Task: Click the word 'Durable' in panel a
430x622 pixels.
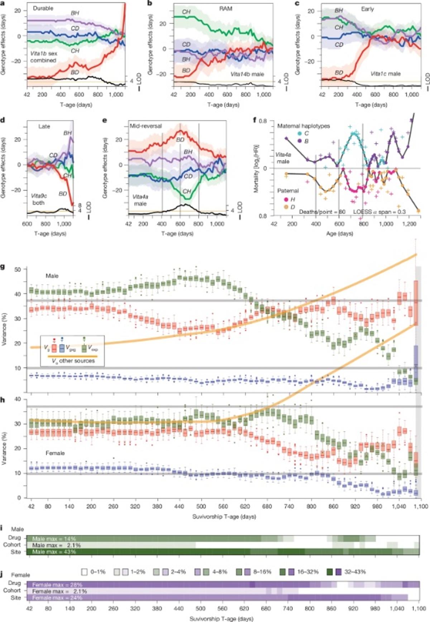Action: pyautogui.click(x=43, y=8)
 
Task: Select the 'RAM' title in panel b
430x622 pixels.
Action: pyautogui.click(x=226, y=9)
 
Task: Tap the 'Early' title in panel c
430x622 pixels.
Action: pyautogui.click(x=368, y=9)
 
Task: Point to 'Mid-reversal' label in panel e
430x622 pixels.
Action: pyautogui.click(x=146, y=126)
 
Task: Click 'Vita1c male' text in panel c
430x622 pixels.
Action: pyautogui.click(x=386, y=73)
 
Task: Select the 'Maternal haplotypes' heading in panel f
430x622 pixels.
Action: pyautogui.click(x=304, y=126)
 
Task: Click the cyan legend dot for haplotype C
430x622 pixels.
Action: pyautogui.click(x=299, y=134)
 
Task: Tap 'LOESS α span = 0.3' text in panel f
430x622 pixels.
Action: pyautogui.click(x=379, y=212)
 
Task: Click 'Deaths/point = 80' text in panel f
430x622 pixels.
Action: pyautogui.click(x=322, y=212)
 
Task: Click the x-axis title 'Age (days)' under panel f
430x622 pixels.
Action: pyautogui.click(x=339, y=233)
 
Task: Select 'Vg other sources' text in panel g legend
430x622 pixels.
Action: pyautogui.click(x=73, y=361)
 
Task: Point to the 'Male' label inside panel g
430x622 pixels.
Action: pyautogui.click(x=52, y=276)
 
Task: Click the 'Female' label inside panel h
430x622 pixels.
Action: pyautogui.click(x=55, y=453)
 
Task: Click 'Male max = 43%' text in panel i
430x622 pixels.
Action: pyautogui.click(x=54, y=552)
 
